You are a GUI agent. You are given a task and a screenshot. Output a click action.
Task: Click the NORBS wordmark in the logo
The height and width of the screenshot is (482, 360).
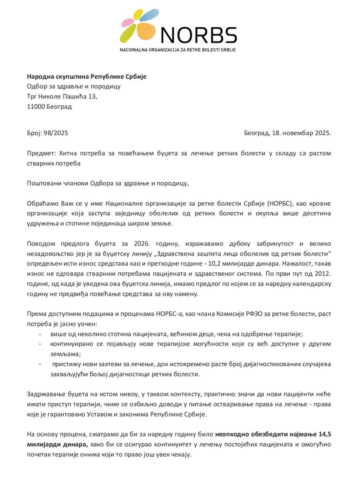coord(199,36)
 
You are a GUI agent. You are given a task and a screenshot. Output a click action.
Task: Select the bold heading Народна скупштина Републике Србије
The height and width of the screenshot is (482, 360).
coord(87,77)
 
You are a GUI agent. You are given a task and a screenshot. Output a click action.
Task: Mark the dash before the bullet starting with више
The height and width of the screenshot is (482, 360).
coord(39,333)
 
